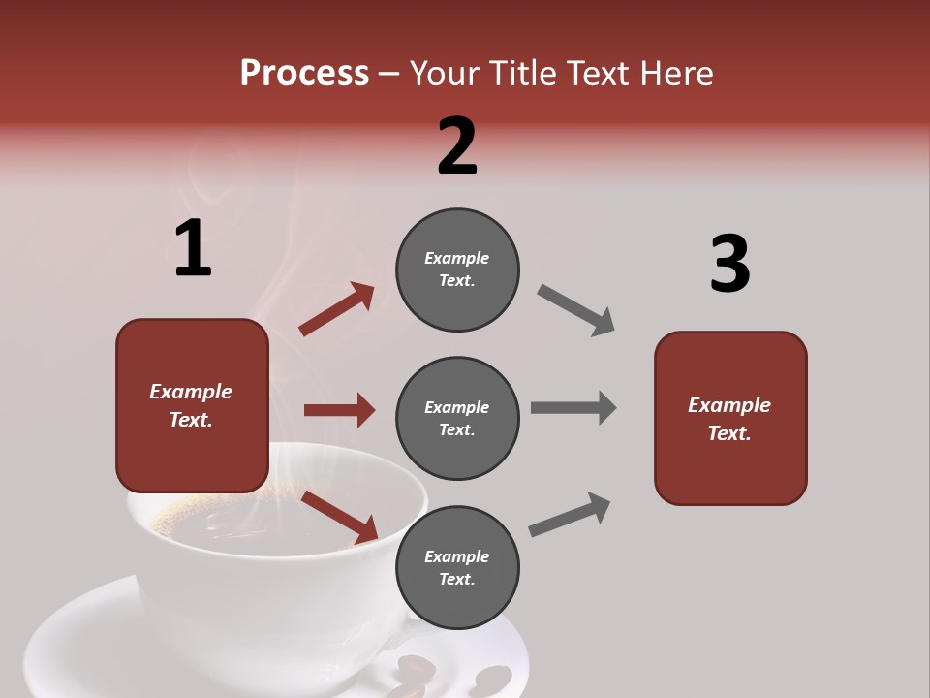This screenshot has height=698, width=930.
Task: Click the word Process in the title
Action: click(304, 74)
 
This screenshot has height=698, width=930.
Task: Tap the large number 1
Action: click(193, 250)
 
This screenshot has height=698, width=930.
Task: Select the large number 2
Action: click(457, 146)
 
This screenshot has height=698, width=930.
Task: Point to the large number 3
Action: click(729, 265)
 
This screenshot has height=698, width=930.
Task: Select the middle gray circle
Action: click(457, 418)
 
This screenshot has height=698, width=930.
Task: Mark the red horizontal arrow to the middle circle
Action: click(339, 410)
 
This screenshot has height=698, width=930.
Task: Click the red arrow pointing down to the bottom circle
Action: click(340, 516)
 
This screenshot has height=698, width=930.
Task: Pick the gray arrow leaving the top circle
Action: click(576, 310)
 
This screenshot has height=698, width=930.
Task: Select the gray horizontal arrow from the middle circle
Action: click(573, 408)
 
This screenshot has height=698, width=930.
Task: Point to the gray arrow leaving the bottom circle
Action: click(570, 514)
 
